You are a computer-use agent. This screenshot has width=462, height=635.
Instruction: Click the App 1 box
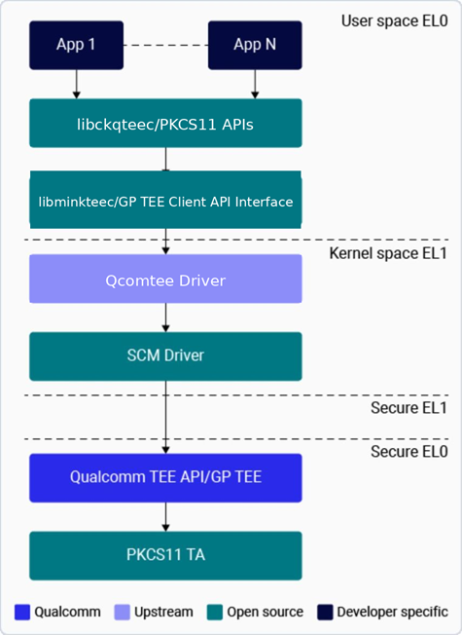point(77,45)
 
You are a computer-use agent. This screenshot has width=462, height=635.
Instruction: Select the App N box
point(255,45)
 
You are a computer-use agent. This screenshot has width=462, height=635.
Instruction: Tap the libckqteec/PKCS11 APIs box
point(165,123)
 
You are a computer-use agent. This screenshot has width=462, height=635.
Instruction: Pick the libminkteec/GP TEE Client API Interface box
point(165,200)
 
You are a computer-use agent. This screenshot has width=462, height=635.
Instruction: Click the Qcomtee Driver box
point(165,279)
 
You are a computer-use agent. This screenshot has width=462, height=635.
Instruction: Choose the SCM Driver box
point(165,356)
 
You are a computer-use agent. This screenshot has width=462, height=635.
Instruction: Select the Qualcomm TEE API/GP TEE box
point(165,478)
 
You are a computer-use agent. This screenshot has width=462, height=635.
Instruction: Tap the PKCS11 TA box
point(165,555)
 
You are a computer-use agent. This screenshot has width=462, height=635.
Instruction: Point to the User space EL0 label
point(395,21)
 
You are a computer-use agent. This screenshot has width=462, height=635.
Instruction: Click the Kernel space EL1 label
point(388,253)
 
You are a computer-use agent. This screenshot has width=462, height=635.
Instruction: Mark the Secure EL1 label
point(409,408)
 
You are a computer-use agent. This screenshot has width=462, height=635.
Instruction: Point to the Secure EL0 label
point(409,452)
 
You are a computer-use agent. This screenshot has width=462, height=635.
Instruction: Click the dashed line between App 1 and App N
point(166,45)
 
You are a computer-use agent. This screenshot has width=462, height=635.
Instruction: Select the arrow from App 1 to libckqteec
point(77,84)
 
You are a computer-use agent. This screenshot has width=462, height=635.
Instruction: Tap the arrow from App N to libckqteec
point(255,84)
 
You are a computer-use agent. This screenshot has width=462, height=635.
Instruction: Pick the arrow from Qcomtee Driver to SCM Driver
point(165,317)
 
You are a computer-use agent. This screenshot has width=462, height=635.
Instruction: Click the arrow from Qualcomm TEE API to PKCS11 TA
point(165,517)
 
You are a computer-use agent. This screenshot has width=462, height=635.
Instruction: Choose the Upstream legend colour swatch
point(123,612)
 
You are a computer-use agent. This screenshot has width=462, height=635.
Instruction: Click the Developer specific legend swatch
point(325,612)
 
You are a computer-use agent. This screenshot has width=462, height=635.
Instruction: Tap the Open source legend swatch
point(215,612)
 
